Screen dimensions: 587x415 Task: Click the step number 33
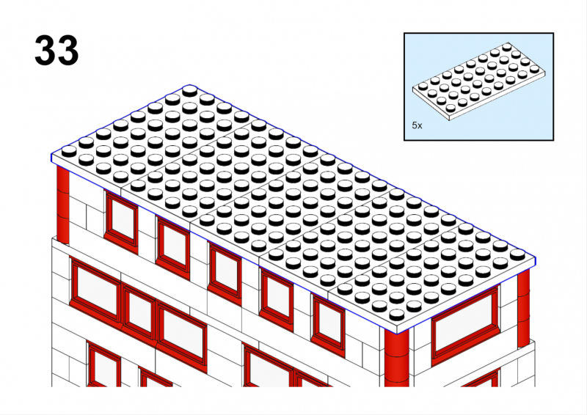pos(56,51)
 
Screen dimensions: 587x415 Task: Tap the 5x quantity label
pos(417,125)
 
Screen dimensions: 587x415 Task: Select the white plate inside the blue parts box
pos(478,81)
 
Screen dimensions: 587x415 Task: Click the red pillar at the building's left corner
pos(63,205)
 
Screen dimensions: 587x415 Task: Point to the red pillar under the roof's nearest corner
pos(397,357)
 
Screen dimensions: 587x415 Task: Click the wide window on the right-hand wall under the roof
pos(465,323)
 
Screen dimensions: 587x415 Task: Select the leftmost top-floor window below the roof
pos(121,221)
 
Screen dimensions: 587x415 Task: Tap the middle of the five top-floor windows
pos(225,273)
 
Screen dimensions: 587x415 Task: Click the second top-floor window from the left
pos(173,247)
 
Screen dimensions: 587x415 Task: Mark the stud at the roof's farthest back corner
pos(190,91)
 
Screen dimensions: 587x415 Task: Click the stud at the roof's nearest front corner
pos(397,315)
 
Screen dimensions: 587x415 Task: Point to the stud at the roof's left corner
pos(69,151)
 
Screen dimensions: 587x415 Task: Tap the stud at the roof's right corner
pos(517,254)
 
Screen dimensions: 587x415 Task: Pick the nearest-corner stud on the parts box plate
pos(451,107)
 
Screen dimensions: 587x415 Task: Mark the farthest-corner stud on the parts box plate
pos(507,47)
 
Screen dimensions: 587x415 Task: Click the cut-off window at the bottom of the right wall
pos(481,378)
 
